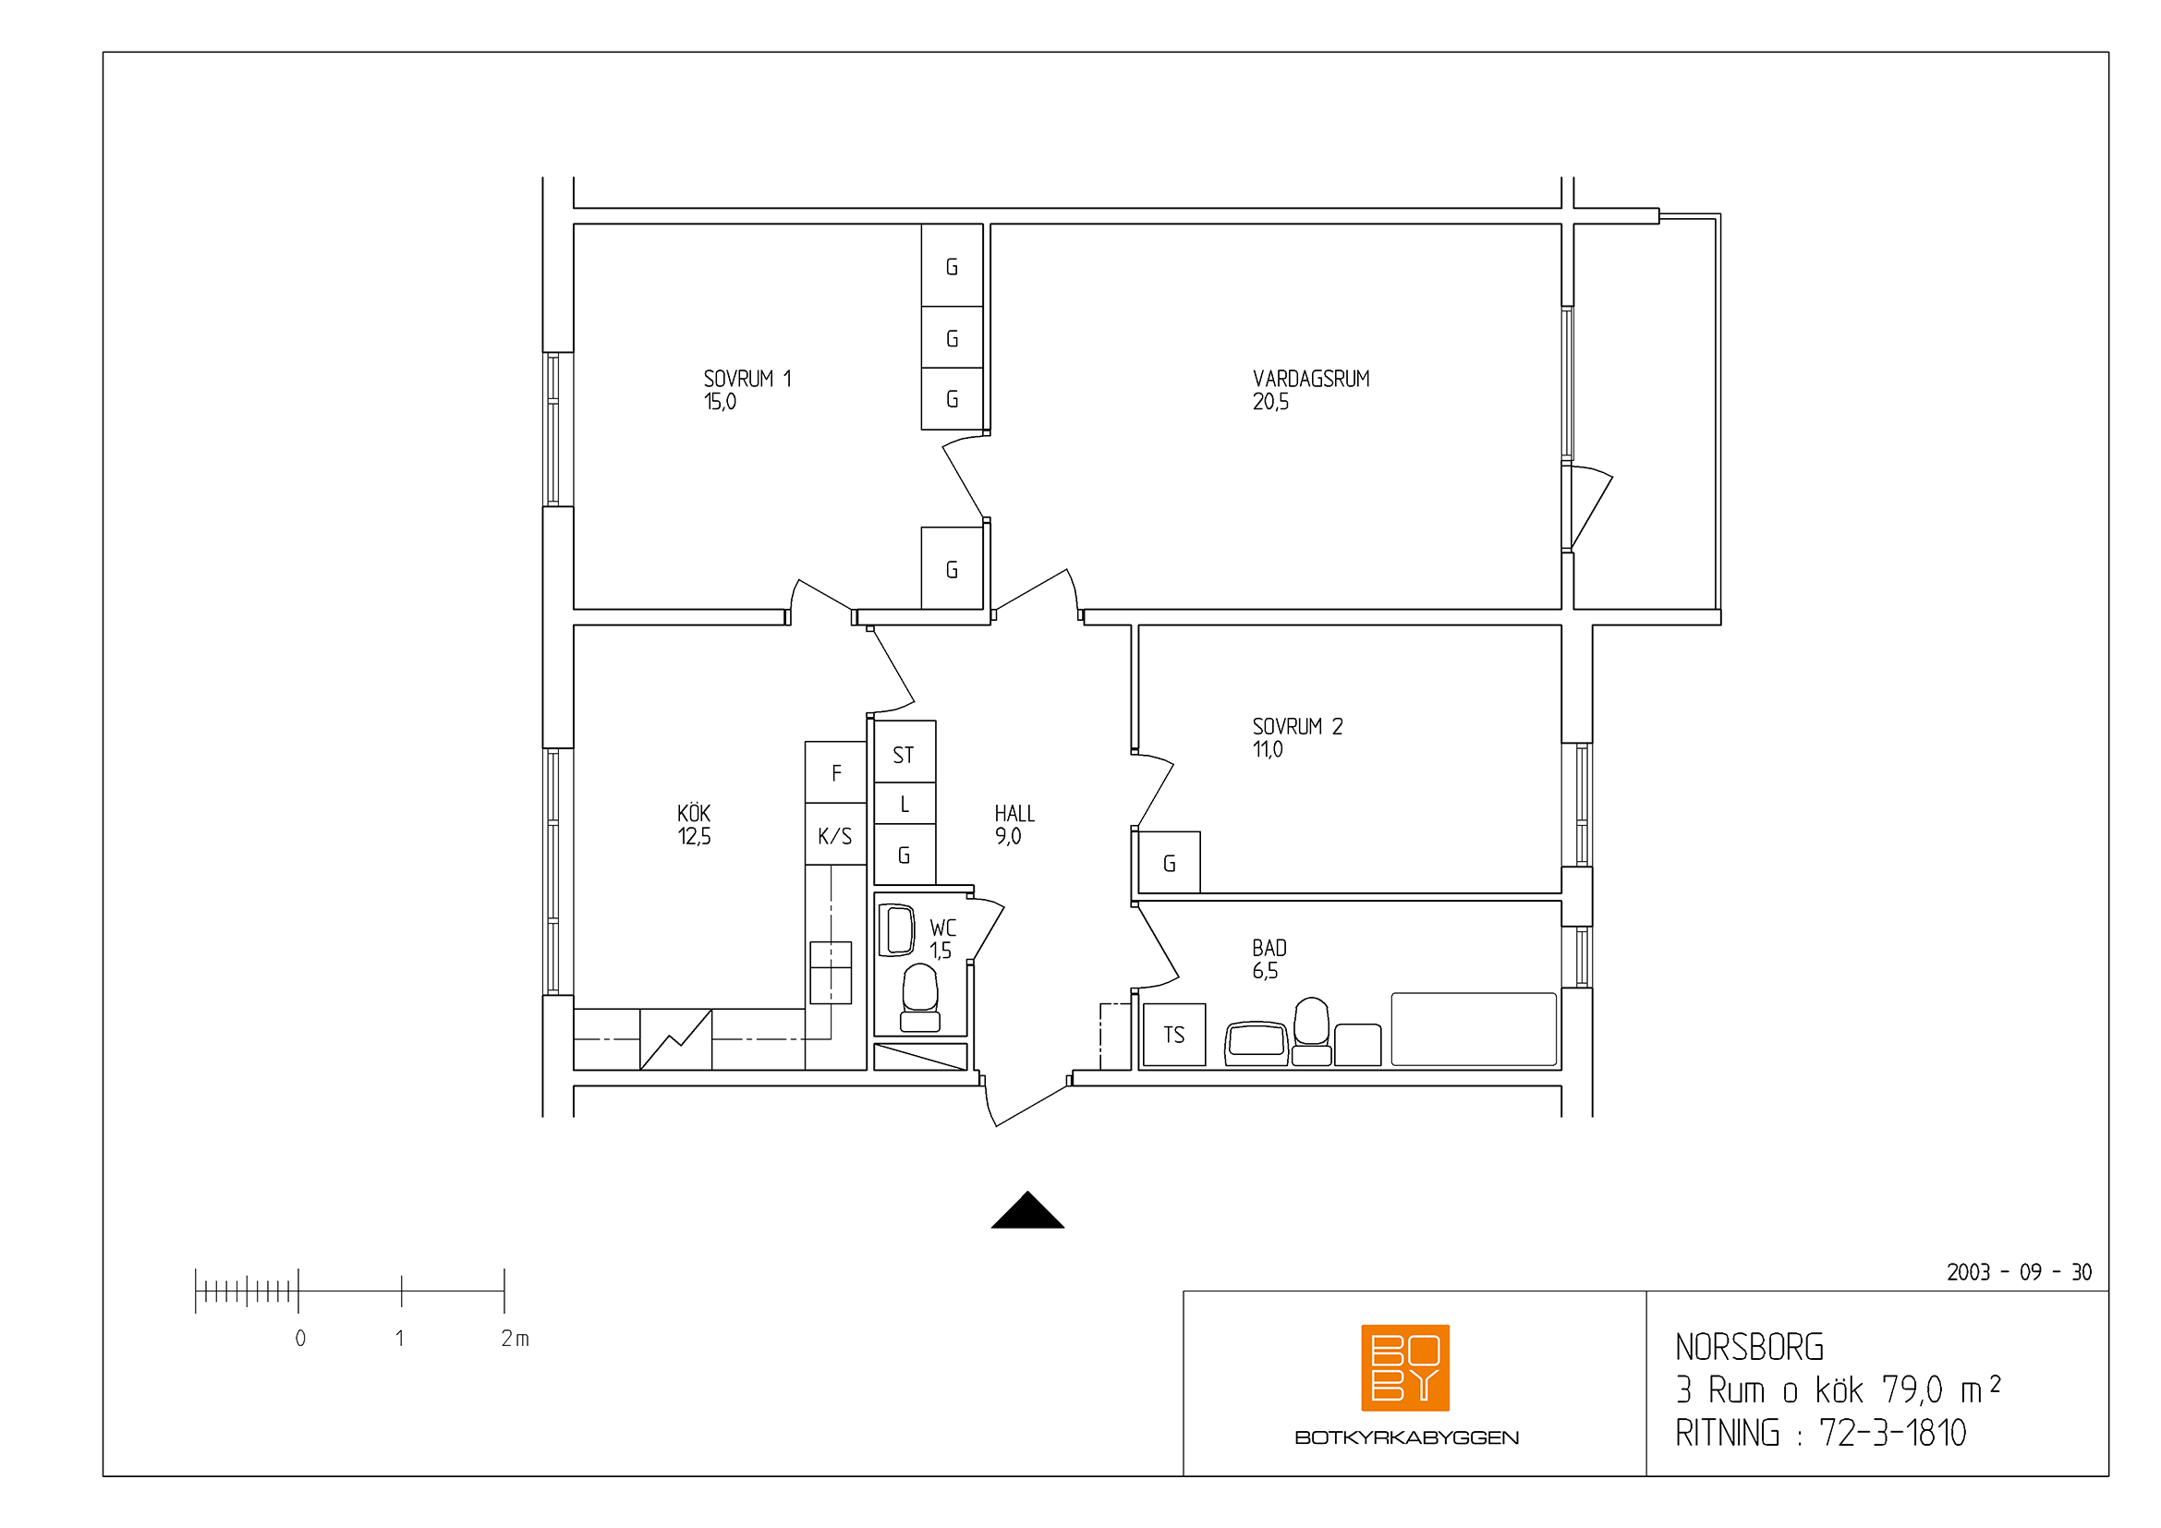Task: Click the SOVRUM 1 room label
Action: click(747, 379)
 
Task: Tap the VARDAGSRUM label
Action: click(1311, 379)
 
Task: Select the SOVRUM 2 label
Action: click(1297, 726)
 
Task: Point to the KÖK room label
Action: click(694, 813)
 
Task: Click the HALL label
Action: click(1014, 814)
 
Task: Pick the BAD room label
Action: click(1269, 949)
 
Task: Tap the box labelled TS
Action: click(1172, 1035)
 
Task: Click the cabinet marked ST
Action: click(904, 752)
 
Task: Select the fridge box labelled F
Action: click(836, 772)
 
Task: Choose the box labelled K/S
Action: click(836, 834)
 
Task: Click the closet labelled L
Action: click(904, 804)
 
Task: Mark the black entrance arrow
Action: click(1027, 1210)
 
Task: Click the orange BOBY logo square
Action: click(1405, 1368)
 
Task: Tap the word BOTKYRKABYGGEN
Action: click(1406, 1437)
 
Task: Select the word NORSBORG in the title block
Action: click(1750, 1347)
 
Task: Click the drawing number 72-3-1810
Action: click(1893, 1433)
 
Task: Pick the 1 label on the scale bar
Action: click(400, 1338)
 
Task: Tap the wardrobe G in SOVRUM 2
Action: click(1169, 862)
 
